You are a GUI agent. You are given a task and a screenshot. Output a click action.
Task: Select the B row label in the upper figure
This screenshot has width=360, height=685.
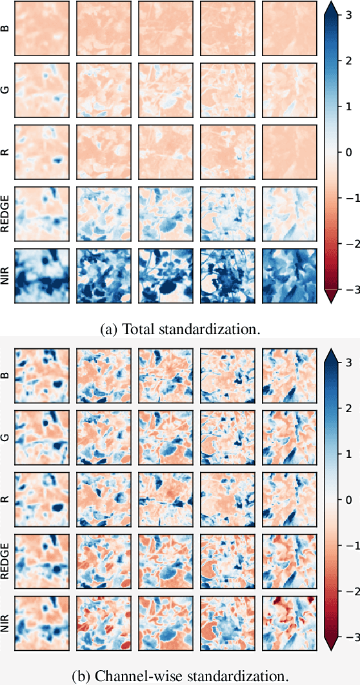point(6,28)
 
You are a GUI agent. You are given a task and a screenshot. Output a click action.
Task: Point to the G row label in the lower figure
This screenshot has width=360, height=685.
point(6,437)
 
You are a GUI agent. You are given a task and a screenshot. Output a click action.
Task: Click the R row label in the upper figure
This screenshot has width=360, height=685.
point(6,152)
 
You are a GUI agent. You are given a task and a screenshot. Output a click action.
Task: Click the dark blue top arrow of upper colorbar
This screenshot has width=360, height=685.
point(330,8)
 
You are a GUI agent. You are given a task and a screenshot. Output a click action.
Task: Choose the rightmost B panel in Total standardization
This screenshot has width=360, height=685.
point(288,28)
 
